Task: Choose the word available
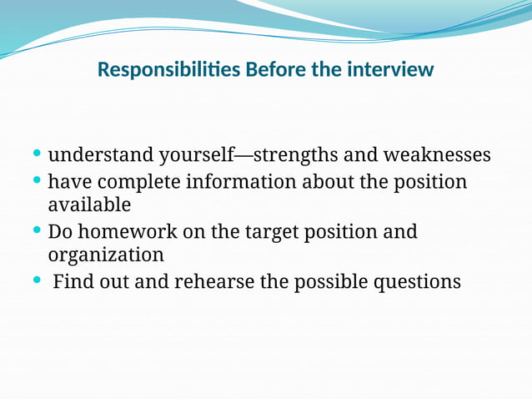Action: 89,205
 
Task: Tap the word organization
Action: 106,255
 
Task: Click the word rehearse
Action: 213,281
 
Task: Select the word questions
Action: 416,282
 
